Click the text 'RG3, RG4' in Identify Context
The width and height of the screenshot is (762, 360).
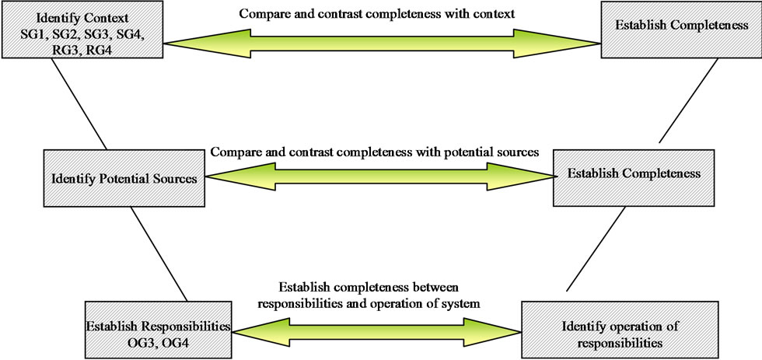[82, 48]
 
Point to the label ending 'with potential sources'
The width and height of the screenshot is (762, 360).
[374, 152]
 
